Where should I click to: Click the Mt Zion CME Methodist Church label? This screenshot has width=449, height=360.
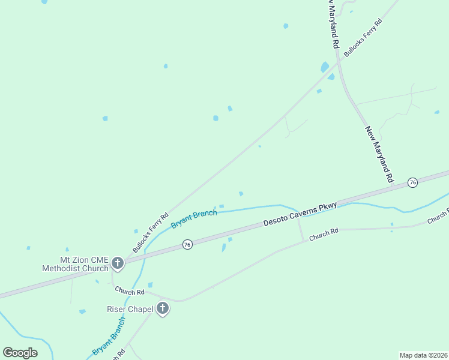75,264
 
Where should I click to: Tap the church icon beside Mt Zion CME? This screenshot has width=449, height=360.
118,263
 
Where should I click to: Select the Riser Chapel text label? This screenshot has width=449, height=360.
130,310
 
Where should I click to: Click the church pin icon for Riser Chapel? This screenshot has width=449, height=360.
162,309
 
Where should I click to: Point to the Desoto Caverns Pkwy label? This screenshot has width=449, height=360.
300,214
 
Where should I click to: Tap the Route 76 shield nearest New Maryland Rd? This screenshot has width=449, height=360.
412,182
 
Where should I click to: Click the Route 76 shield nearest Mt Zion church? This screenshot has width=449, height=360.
187,245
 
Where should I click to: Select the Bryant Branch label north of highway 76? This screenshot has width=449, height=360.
194,219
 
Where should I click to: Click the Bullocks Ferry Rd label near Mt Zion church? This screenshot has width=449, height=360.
151,232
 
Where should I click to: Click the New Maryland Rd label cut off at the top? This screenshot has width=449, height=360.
333,24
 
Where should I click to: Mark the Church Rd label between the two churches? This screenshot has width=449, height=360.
130,291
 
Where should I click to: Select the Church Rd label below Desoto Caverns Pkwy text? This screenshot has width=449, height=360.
324,234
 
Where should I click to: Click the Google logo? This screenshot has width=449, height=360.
20,353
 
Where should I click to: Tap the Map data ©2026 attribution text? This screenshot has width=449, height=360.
423,355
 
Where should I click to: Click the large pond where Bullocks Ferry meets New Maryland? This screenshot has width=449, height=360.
325,67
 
